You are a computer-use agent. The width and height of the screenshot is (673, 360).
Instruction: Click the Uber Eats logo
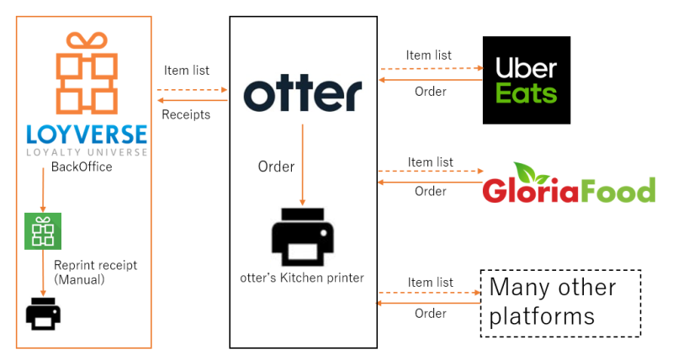(x=526, y=80)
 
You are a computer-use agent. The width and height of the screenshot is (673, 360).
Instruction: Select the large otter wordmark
(x=303, y=93)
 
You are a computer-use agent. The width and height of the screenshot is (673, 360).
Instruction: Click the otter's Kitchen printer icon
(x=304, y=236)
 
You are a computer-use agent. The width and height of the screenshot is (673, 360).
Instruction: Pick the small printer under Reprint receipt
(x=43, y=313)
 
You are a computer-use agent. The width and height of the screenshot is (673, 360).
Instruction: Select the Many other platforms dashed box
(x=559, y=303)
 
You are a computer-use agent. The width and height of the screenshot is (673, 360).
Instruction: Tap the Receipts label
(x=186, y=114)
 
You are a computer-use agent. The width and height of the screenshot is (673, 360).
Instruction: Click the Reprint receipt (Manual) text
(x=95, y=272)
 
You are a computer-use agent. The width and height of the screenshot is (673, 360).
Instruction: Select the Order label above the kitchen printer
(x=276, y=167)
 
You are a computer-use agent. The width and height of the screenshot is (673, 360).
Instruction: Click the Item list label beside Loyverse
(x=186, y=71)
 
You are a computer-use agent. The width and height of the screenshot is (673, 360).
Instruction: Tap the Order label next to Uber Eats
(x=431, y=91)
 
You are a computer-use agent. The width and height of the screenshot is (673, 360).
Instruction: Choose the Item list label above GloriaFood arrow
(x=431, y=161)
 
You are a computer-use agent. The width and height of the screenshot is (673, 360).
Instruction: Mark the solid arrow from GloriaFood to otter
(x=430, y=179)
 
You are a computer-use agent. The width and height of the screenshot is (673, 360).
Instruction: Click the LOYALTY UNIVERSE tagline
(x=87, y=152)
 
